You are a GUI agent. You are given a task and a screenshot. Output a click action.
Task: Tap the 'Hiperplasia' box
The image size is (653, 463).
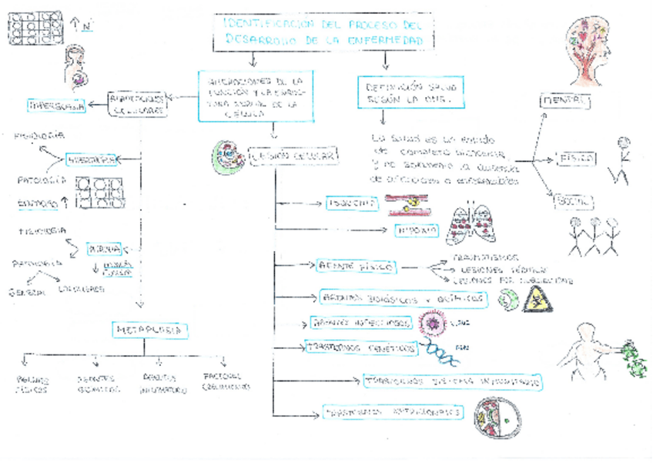[55, 106]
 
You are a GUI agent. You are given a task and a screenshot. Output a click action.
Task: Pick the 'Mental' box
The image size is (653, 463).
[566, 101]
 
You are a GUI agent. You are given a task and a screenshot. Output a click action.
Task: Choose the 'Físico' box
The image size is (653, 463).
[574, 158]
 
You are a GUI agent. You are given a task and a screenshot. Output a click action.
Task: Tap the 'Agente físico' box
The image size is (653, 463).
[357, 267]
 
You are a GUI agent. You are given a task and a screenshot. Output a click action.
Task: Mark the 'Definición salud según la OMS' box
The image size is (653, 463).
[410, 93]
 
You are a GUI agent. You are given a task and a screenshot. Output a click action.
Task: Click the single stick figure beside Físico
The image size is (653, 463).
[621, 161]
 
